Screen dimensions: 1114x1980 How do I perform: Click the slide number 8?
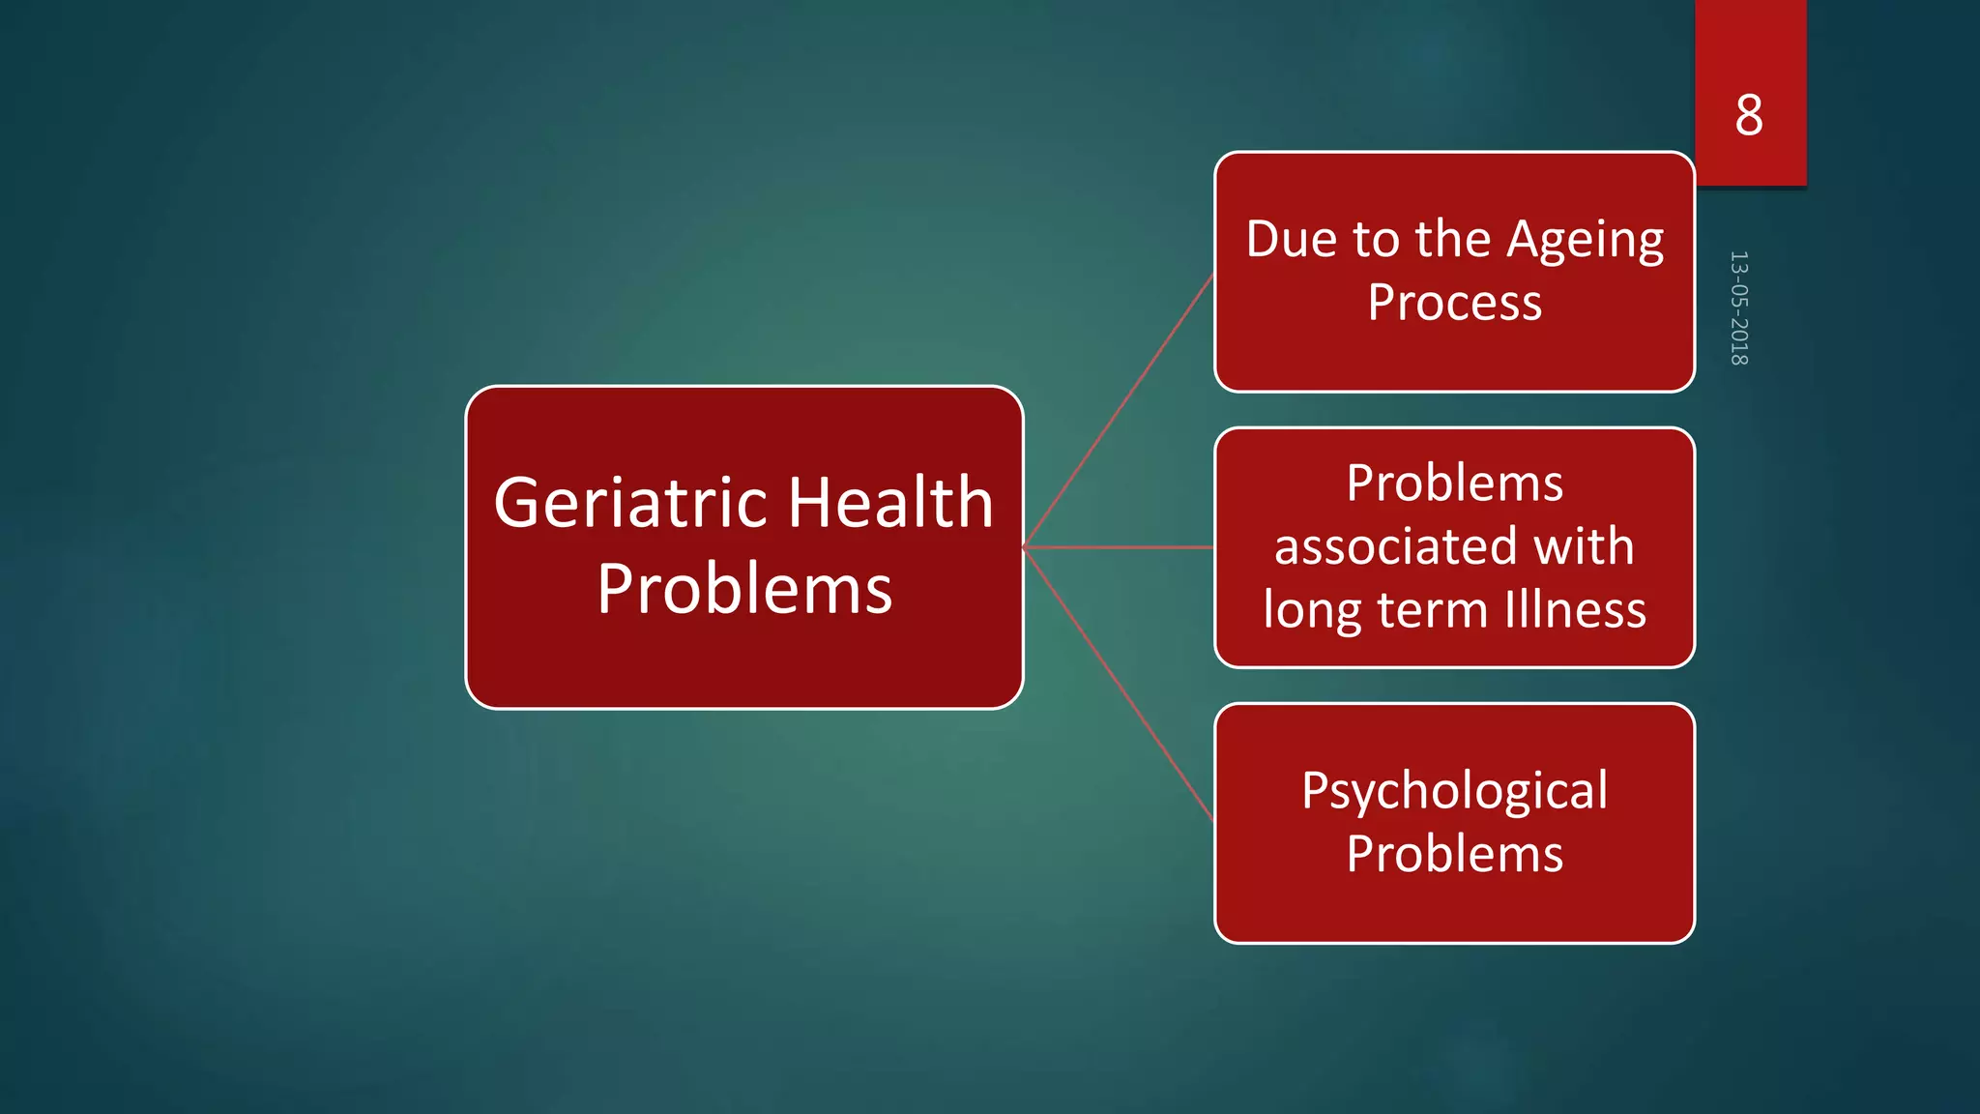(x=1748, y=116)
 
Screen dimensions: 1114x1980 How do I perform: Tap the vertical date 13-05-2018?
(x=1738, y=308)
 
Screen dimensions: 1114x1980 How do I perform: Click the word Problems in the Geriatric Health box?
(x=744, y=589)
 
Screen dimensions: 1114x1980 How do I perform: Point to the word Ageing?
(x=1586, y=241)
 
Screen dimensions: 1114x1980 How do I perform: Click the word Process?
(x=1454, y=303)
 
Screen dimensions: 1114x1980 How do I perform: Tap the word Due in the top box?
(x=1292, y=239)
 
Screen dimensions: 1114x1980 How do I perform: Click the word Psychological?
(x=1454, y=791)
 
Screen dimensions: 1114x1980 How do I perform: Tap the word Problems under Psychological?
(x=1454, y=854)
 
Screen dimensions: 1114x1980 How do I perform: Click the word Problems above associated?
(x=1454, y=483)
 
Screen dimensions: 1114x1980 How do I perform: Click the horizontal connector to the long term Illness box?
(x=1120, y=547)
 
